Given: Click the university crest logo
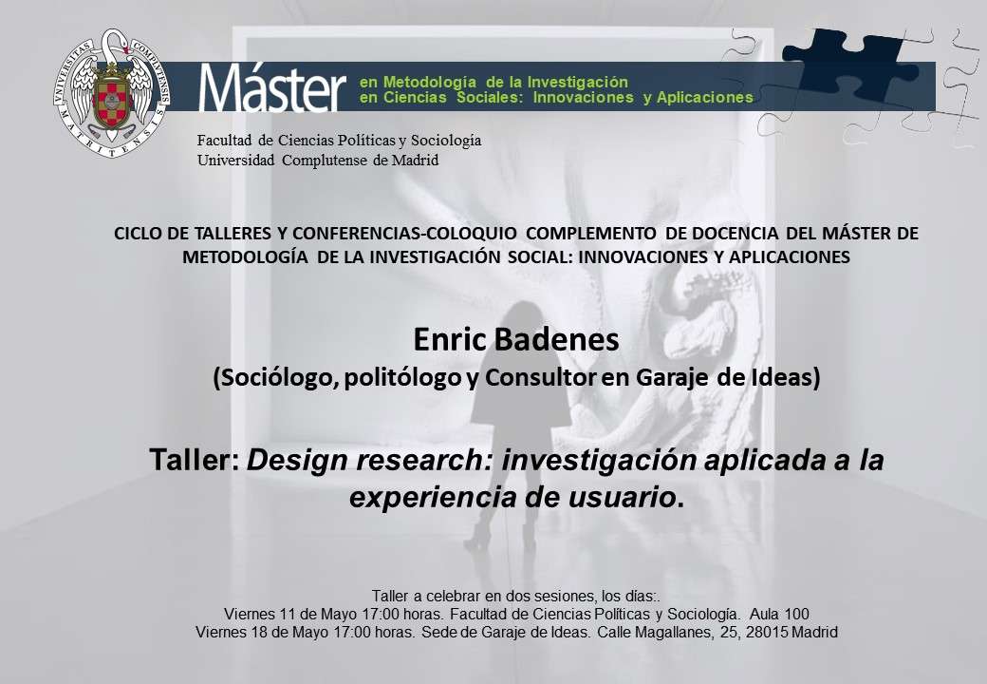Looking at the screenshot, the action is pyautogui.click(x=112, y=92).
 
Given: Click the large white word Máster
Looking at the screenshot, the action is pyautogui.click(x=272, y=87).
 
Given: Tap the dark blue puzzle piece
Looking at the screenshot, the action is pyautogui.click(x=850, y=63).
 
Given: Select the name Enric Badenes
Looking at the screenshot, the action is pyautogui.click(x=516, y=339).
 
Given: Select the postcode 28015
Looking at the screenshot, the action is pyautogui.click(x=766, y=633).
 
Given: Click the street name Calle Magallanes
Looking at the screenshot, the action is pyautogui.click(x=655, y=633).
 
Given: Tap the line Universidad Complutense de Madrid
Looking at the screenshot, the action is pyautogui.click(x=318, y=160).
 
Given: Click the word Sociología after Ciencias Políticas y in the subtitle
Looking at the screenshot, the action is pyautogui.click(x=446, y=140).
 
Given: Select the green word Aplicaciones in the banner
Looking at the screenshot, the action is pyautogui.click(x=705, y=98).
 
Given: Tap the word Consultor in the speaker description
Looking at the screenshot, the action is pyautogui.click(x=540, y=377).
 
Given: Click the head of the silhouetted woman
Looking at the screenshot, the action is pyautogui.click(x=522, y=314).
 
